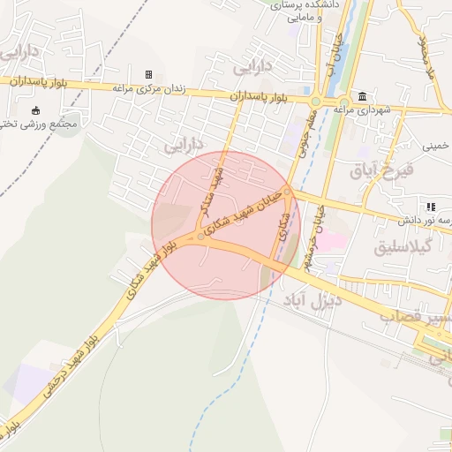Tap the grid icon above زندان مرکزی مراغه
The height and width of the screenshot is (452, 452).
click(x=147, y=74)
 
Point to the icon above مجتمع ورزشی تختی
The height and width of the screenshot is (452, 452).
click(x=35, y=110)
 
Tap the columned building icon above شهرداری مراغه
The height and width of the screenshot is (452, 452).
click(x=363, y=95)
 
